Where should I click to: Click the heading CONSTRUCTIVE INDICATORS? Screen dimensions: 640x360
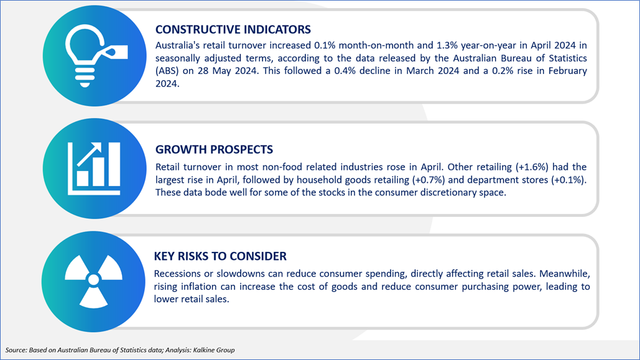233,29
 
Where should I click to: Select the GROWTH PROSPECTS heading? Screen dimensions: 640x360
215,149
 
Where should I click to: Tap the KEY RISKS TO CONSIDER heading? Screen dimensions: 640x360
220,256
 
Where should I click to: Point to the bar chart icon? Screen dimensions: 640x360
95,168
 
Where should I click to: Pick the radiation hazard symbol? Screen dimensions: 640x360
93,281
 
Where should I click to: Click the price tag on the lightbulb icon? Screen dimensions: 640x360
116,52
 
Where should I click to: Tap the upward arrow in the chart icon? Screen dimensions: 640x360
90,154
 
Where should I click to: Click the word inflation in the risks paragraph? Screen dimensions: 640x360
200,287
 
